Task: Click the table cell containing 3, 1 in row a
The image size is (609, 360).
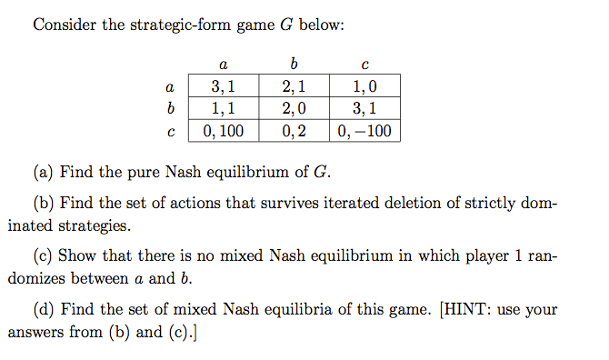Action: pyautogui.click(x=224, y=85)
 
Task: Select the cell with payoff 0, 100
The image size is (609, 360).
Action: pyautogui.click(x=224, y=131)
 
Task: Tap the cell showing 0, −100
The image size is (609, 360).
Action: pyautogui.click(x=364, y=131)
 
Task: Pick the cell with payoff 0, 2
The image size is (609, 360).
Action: pyautogui.click(x=294, y=131)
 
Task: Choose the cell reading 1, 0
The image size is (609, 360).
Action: pyautogui.click(x=364, y=85)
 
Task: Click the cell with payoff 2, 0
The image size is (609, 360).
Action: pyautogui.click(x=294, y=108)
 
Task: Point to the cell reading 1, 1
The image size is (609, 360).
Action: pyautogui.click(x=224, y=108)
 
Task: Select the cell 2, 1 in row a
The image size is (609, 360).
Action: pyautogui.click(x=294, y=85)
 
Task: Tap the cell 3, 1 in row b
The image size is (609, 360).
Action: pyautogui.click(x=364, y=108)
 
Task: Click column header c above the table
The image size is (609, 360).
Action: pyautogui.click(x=364, y=65)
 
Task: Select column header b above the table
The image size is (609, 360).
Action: pyautogui.click(x=294, y=63)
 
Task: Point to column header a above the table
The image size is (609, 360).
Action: pyautogui.click(x=224, y=65)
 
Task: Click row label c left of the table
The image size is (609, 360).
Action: pyautogui.click(x=171, y=132)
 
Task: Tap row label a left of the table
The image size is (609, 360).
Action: pyautogui.click(x=170, y=87)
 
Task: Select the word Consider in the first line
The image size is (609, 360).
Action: pyautogui.click(x=65, y=25)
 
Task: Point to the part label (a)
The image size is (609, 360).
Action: pyautogui.click(x=43, y=172)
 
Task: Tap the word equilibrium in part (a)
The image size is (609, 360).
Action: pyautogui.click(x=248, y=172)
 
